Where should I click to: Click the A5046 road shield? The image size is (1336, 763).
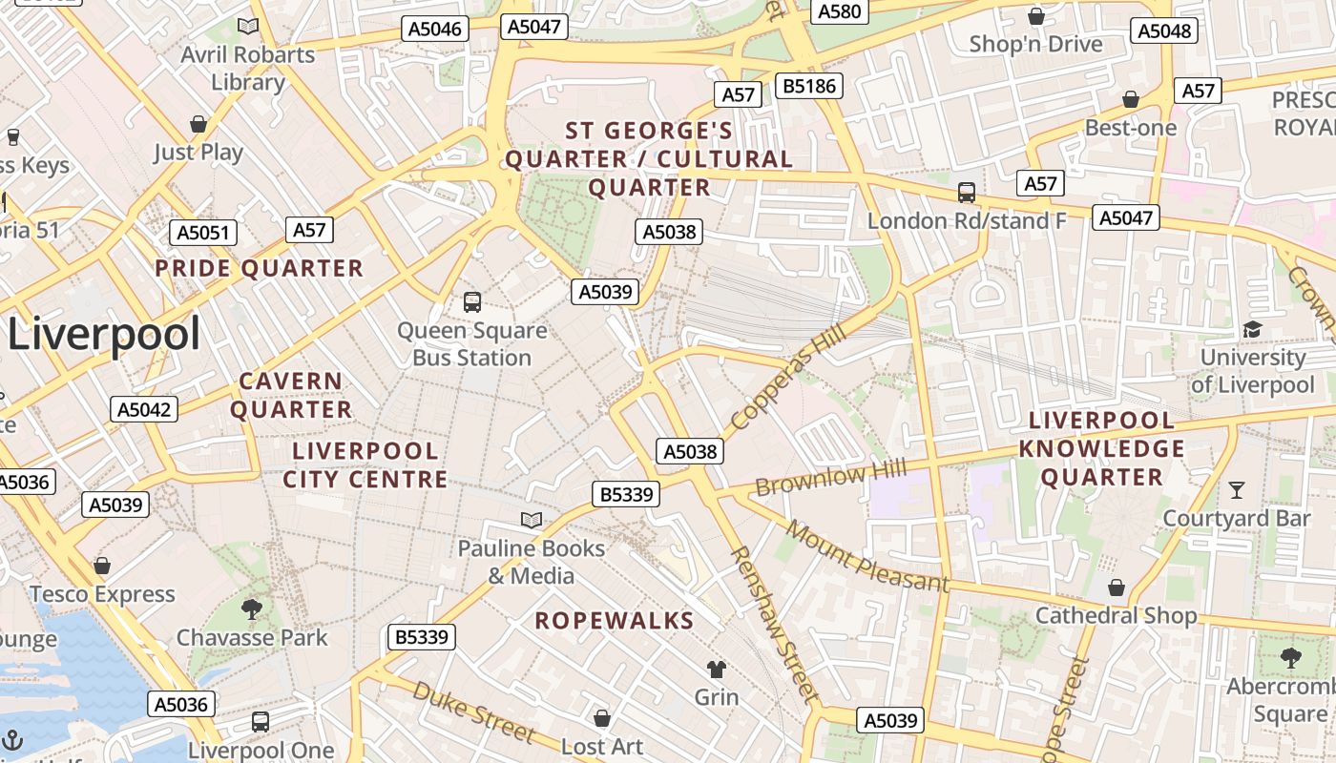coord(435,29)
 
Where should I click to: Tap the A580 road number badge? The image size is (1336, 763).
coord(840,11)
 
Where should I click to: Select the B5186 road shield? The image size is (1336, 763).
coord(808,86)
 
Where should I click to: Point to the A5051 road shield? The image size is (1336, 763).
coord(203,233)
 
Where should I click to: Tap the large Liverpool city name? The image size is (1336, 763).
coord(105,335)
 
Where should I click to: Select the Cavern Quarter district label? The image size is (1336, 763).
coord(291,395)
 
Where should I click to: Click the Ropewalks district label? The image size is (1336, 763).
coord(614,621)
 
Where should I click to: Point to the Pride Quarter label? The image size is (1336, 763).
coord(260,269)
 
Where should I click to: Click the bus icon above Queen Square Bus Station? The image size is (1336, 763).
coord(472,302)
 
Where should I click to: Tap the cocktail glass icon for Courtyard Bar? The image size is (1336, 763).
coord(1237,490)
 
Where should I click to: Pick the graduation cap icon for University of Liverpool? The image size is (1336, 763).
coord(1252,329)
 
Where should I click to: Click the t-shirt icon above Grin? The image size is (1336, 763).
coord(716,669)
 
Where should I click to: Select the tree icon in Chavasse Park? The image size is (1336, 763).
coord(252,608)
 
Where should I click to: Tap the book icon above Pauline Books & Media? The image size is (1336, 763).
coord(532,520)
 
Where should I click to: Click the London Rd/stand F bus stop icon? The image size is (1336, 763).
coord(967,193)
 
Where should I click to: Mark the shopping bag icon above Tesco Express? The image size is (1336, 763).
coord(102,566)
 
